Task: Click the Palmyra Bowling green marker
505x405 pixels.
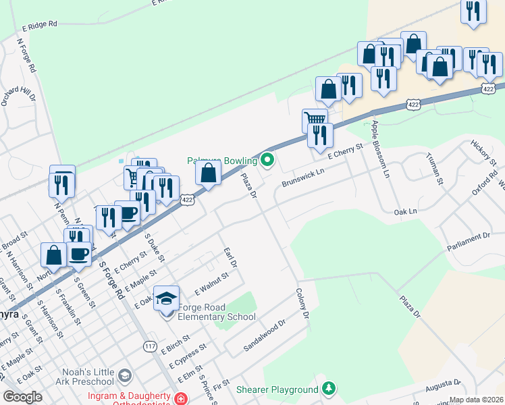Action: point(267,161)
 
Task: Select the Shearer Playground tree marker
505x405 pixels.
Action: point(328,389)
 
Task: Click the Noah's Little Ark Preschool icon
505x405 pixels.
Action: point(124,375)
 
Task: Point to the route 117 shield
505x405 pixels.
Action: point(150,346)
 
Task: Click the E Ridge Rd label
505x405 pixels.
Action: point(40,25)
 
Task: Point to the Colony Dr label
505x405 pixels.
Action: point(302,304)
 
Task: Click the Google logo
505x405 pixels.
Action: point(22,397)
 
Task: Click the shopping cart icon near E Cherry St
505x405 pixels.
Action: point(315,119)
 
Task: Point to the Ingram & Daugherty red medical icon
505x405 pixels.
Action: point(180,400)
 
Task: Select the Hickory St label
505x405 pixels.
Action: point(483,154)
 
